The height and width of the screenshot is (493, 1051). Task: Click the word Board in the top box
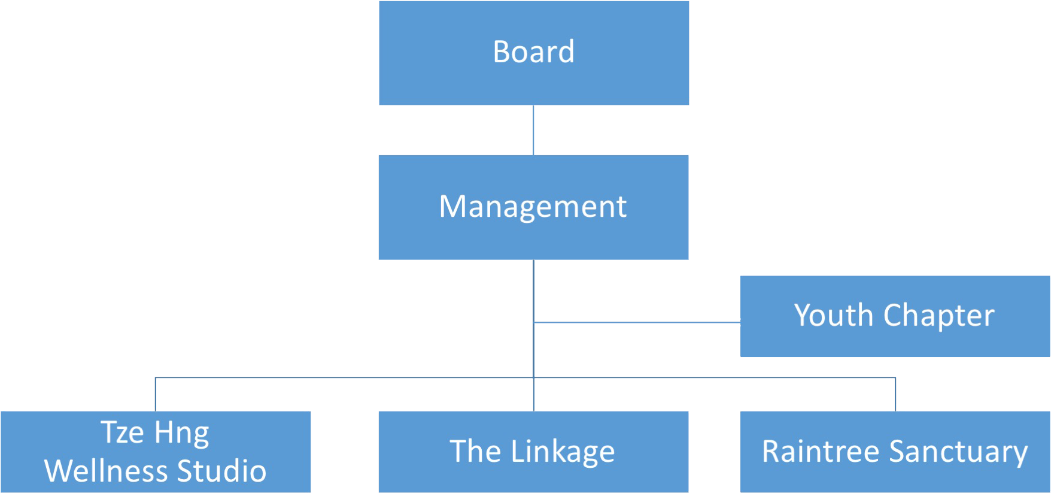coord(533,52)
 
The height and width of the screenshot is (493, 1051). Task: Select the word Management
coord(533,207)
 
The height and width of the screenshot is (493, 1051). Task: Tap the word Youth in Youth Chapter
coord(833,316)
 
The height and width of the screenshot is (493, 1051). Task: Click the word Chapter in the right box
coord(938,316)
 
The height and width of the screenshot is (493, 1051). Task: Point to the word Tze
coord(122,432)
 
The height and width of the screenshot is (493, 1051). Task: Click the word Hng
coord(181,432)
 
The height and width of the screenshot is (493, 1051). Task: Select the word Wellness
coord(107,471)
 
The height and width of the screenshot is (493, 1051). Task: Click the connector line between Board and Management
coord(533,130)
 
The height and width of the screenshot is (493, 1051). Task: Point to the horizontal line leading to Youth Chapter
coord(637,322)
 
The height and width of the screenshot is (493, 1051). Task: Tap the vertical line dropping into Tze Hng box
coord(156,394)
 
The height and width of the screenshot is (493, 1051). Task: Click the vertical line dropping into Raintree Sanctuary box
coord(895,394)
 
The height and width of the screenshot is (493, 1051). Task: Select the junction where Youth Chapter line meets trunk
coord(534,322)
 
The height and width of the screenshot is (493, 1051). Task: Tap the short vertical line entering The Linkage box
coord(534,395)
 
